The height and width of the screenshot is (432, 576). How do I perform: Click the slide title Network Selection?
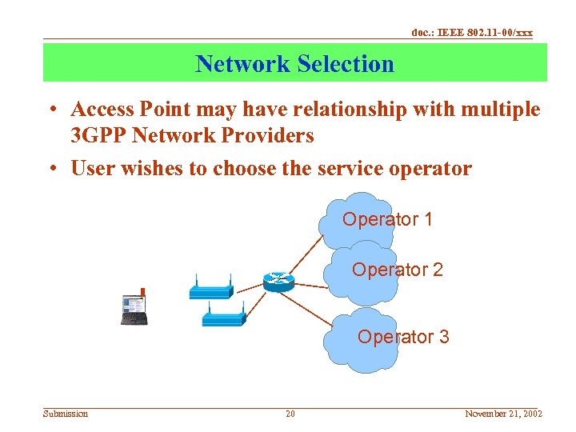point(294,63)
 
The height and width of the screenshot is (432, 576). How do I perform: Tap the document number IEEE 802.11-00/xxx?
point(471,33)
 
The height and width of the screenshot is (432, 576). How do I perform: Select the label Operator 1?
point(387,219)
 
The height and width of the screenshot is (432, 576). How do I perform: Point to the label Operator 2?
point(397,270)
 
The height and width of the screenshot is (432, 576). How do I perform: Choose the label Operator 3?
point(403,337)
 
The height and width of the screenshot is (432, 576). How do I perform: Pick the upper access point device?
point(210,289)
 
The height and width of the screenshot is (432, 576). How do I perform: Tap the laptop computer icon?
point(134,308)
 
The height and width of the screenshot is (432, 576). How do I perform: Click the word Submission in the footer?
point(66,414)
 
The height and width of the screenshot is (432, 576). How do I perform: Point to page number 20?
point(290,414)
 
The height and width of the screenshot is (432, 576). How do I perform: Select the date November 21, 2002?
point(503,414)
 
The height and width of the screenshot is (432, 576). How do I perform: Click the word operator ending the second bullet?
point(431,169)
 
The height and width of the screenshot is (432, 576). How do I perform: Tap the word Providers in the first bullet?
point(266,136)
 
